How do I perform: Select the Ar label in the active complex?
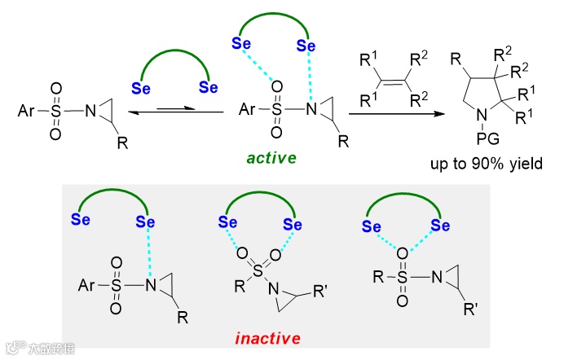click(x=248, y=108)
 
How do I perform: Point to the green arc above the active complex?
click(x=272, y=24)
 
